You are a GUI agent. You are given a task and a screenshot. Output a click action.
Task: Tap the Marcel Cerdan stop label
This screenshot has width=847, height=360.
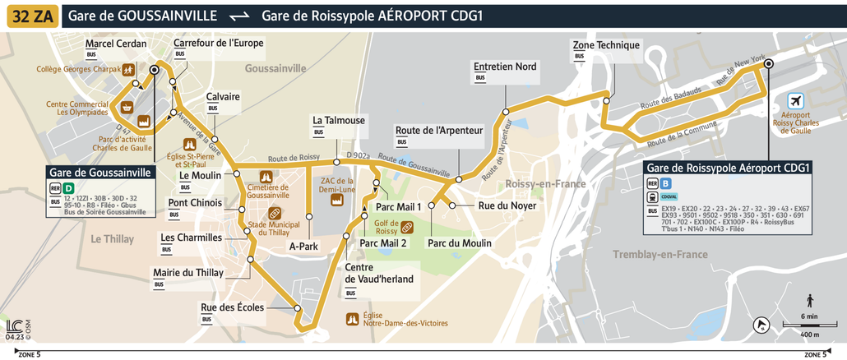tap(116, 44)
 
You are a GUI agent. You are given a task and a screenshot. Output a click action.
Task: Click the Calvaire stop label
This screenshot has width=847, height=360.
tap(224, 96)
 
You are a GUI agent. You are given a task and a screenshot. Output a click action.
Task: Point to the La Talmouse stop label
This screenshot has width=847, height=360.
tap(339, 120)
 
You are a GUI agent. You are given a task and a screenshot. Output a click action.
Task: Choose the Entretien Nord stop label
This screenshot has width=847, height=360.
tap(505, 67)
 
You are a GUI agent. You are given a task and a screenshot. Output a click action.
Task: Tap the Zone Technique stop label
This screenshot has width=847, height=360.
tap(606, 45)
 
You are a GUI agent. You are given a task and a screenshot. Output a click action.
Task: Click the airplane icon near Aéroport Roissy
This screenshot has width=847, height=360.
tap(794, 101)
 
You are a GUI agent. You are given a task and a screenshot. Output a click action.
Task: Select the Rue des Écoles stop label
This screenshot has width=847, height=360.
tap(233, 307)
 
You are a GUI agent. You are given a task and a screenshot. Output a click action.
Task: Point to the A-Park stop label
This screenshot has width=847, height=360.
tap(303, 245)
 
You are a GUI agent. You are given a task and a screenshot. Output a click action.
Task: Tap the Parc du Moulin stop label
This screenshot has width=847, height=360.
tap(459, 243)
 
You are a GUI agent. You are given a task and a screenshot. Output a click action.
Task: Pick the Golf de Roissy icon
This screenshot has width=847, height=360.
tap(406, 228)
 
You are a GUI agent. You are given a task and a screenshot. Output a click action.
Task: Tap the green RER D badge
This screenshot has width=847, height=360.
tap(68, 188)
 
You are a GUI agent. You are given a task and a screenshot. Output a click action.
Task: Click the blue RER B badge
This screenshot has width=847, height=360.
tap(665, 184)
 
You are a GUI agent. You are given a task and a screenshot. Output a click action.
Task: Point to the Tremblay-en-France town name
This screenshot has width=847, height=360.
tap(660, 255)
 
